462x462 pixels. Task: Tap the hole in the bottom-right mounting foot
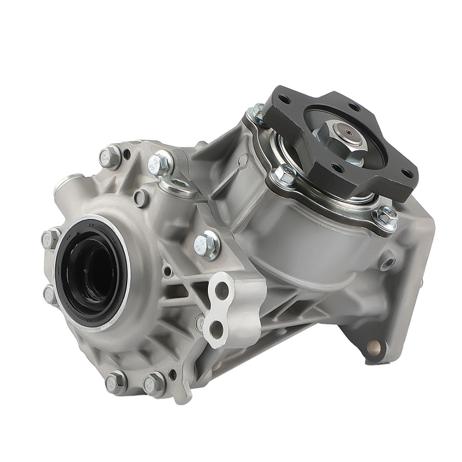coord(373,345)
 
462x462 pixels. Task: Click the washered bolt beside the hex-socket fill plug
coord(159,163)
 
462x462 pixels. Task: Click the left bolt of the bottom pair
coord(115,382)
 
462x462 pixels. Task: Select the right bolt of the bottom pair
coord(154,383)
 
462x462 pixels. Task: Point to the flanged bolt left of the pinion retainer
coord(284,175)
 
